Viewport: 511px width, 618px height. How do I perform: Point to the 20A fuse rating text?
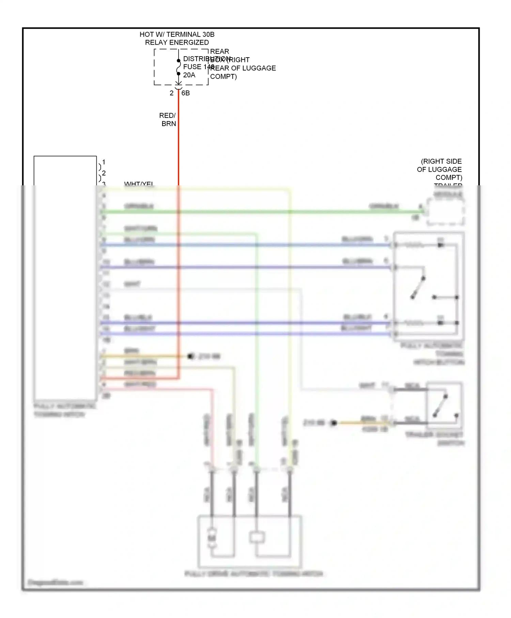[189, 75]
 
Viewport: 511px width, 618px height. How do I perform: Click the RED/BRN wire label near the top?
[168, 120]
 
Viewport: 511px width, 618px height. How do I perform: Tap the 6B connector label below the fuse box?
[186, 93]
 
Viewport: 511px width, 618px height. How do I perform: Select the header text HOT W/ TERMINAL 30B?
[177, 34]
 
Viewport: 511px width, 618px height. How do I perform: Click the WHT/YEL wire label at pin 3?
[139, 184]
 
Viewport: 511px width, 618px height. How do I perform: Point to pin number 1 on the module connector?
[104, 162]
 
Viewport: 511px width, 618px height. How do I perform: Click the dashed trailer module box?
[445, 212]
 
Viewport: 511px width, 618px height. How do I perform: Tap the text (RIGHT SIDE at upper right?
[441, 161]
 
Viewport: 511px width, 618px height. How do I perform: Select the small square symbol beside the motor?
[257, 537]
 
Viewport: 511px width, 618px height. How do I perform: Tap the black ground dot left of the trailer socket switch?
[334, 423]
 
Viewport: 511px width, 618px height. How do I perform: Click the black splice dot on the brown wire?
[190, 356]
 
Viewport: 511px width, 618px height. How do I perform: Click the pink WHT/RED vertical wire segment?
[212, 426]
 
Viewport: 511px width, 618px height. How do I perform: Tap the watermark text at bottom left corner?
[55, 582]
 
